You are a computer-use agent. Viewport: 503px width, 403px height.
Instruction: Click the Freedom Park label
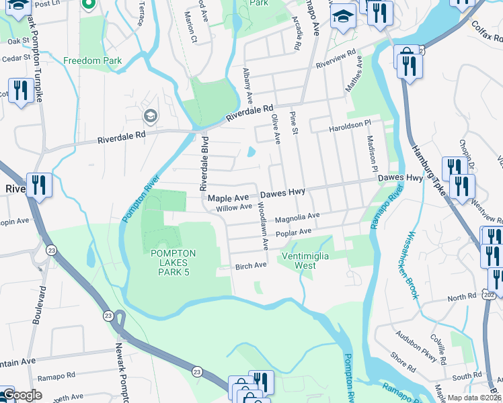[93, 61]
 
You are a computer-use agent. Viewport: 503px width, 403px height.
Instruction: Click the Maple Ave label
[228, 198]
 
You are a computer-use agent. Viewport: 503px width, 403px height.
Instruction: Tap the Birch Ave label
[251, 266]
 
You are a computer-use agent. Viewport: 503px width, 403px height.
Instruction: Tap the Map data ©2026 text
[475, 398]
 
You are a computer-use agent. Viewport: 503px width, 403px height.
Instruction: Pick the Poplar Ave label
[295, 232]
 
